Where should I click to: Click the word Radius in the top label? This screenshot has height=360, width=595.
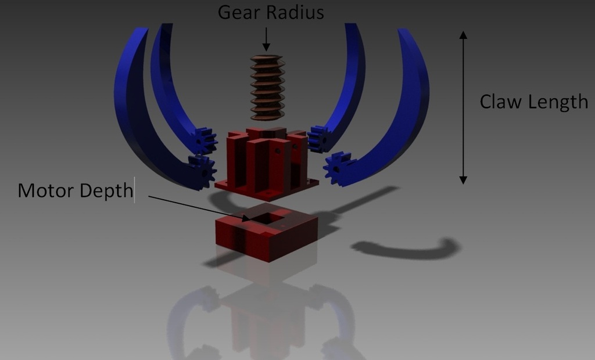click(295, 12)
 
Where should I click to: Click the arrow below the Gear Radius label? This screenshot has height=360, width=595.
click(266, 39)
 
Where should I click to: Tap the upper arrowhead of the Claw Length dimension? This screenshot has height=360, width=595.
click(463, 35)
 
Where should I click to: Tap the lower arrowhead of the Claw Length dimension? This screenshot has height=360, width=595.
click(463, 180)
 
